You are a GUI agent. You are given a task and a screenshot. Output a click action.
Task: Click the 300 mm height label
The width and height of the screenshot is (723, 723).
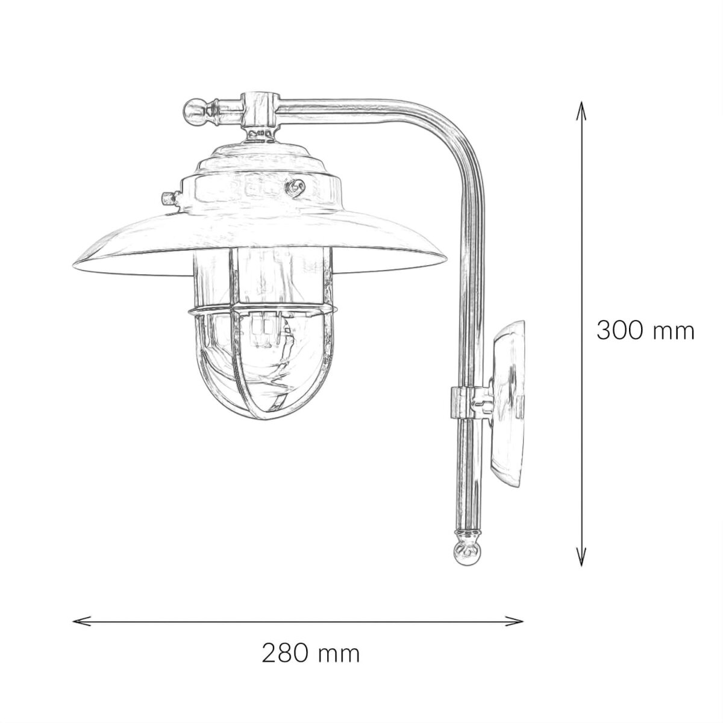pos(645,331)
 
